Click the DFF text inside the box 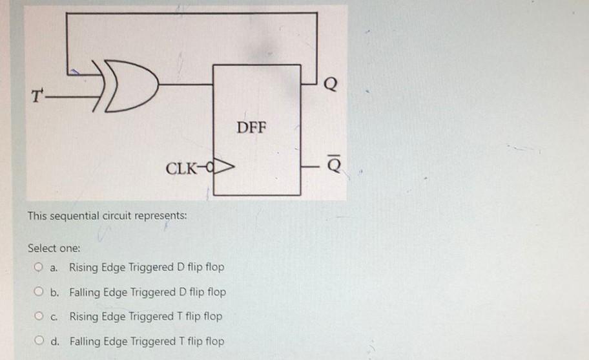coord(251,126)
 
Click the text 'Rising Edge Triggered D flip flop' coord(147,267)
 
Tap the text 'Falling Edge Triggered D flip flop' coord(147,291)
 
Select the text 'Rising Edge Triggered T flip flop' coord(145,316)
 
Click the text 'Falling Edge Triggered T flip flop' coord(147,341)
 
